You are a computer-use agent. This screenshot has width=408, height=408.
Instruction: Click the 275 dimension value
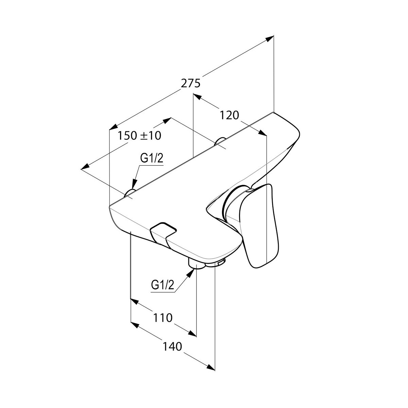click(190, 83)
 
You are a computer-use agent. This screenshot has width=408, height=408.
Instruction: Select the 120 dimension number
click(229, 116)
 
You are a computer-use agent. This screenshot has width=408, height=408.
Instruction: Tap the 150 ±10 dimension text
click(139, 136)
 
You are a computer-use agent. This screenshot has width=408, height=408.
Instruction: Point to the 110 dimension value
click(163, 317)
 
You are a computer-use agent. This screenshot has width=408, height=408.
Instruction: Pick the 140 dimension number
click(172, 346)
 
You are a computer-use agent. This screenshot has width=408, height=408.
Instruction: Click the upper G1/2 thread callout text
click(152, 158)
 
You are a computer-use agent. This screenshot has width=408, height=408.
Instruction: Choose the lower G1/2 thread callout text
click(163, 285)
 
